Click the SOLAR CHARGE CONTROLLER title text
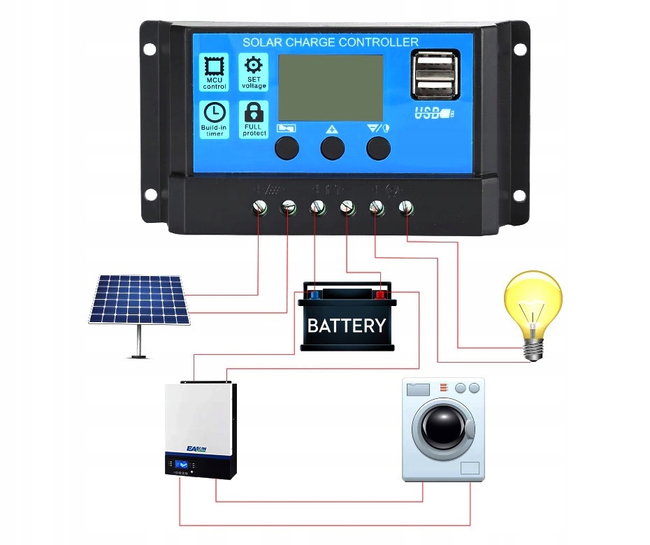pyautogui.click(x=330, y=43)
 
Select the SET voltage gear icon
pyautogui.click(x=253, y=66)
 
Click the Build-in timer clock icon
pyautogui.click(x=215, y=112)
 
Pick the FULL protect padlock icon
pyautogui.click(x=253, y=112)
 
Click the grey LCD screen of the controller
pyautogui.click(x=331, y=88)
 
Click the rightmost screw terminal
pyautogui.click(x=405, y=207)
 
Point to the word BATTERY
pyautogui.click(x=347, y=326)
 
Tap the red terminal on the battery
pyautogui.click(x=380, y=294)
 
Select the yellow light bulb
pyautogui.click(x=533, y=307)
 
